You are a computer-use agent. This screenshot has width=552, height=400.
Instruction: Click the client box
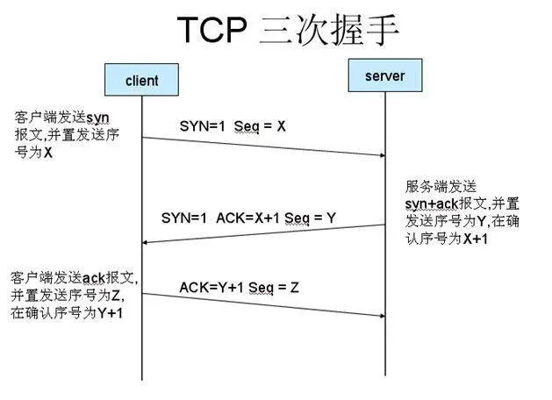pos(142,80)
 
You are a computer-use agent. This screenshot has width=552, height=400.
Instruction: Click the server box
pos(384,75)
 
